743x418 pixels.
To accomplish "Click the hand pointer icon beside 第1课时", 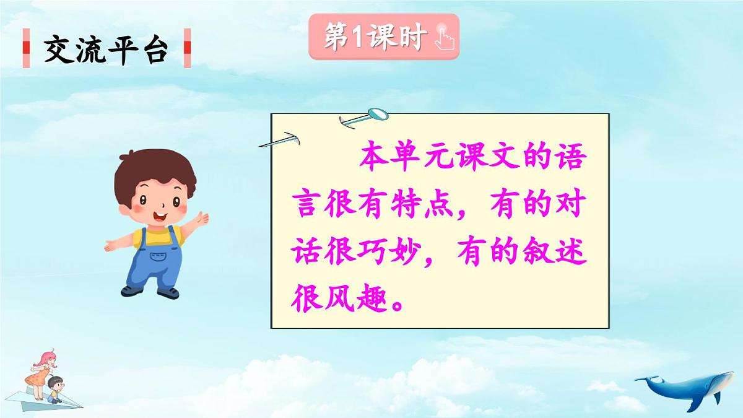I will [x=443, y=37].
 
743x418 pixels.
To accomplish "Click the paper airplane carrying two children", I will [x=53, y=396].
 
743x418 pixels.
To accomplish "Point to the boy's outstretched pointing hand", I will [x=201, y=218].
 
